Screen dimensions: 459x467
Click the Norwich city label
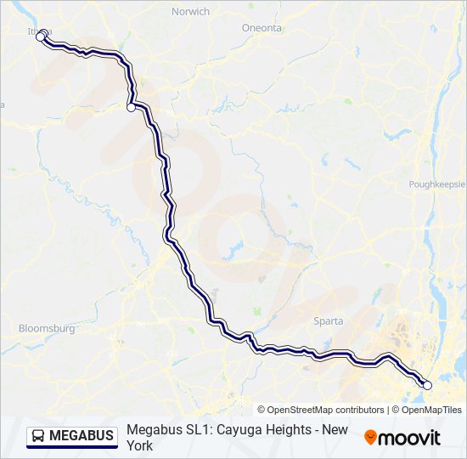[x=190, y=11]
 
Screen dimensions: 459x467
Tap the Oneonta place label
[x=261, y=28]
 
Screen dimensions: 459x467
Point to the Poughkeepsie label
[x=436, y=184]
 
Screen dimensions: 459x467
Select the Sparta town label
[x=329, y=321]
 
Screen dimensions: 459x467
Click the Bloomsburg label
[x=47, y=328]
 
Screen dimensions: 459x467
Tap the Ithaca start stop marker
[x=40, y=37]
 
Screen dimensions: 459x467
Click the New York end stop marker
[x=427, y=385]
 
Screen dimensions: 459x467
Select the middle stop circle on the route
[x=131, y=107]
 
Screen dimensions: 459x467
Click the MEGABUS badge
[x=72, y=436]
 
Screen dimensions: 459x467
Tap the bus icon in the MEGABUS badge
[x=39, y=436]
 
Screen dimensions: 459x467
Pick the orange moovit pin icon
[x=370, y=437]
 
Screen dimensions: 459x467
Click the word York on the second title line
[x=141, y=445]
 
